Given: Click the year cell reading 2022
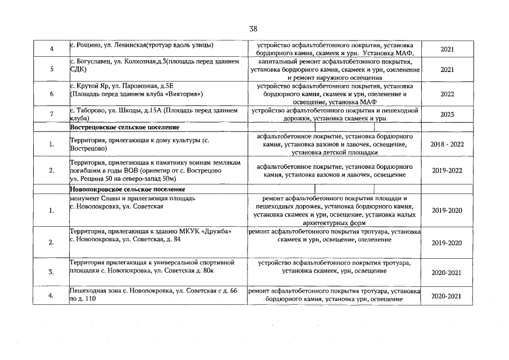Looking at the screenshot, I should tap(447, 94).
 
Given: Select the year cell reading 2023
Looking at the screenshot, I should tap(447, 114).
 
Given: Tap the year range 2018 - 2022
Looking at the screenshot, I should tap(447, 145).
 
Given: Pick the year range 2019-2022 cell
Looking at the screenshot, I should tap(447, 170).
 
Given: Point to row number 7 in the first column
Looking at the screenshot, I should tap(51, 114).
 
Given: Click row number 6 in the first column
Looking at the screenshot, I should tap(51, 94).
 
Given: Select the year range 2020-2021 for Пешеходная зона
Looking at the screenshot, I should tap(447, 295).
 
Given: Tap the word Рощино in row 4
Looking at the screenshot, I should tap(87, 44).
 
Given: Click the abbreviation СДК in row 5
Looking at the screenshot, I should tap(78, 70).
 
